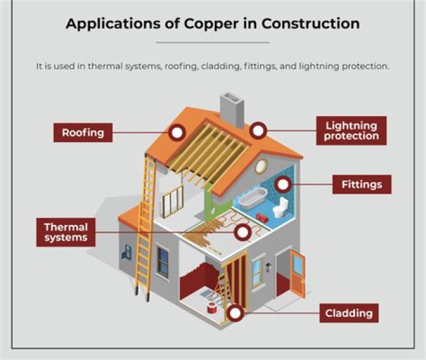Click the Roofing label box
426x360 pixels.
click(83, 133)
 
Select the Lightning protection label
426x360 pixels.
click(351, 130)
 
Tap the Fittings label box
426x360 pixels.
click(362, 184)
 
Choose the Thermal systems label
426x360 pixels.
click(66, 232)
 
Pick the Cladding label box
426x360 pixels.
click(349, 313)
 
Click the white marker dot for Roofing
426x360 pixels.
click(177, 133)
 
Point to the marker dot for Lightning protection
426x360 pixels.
click(258, 130)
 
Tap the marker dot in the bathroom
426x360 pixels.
click(283, 185)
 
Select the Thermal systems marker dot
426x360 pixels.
click(243, 232)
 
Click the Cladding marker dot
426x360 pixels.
click(235, 313)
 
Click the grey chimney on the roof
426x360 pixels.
click(232, 110)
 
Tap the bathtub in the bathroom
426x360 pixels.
click(253, 198)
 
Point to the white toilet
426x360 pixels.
click(280, 207)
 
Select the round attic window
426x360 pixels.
click(261, 166)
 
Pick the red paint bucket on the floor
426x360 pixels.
click(211, 307)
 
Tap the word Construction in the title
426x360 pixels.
click(311, 23)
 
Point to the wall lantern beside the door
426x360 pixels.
click(269, 266)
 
